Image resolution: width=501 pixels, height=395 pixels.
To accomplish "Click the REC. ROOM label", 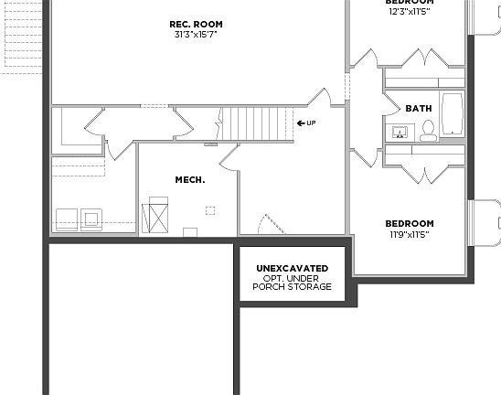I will [197, 24].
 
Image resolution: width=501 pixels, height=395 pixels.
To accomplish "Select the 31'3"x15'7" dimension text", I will [197, 35].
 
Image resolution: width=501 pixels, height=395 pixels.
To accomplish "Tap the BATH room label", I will [419, 108].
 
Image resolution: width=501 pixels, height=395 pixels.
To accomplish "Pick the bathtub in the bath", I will [453, 115].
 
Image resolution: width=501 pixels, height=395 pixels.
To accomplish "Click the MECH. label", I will [190, 180].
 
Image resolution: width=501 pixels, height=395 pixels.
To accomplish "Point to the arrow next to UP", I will [300, 123].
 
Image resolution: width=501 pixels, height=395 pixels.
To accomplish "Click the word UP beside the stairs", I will [312, 123].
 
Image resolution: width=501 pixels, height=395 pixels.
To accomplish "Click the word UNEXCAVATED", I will [292, 268].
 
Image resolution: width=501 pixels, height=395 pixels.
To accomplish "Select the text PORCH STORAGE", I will [292, 287].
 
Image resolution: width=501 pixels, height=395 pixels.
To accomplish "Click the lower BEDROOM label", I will [409, 223].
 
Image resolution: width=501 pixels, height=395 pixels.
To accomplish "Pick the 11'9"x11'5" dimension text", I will [409, 235].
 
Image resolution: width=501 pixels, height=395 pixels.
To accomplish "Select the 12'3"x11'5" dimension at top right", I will [409, 11].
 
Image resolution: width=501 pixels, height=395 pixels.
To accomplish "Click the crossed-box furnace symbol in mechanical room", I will [156, 217].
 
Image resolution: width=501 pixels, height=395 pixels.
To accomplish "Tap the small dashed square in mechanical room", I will [209, 210].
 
